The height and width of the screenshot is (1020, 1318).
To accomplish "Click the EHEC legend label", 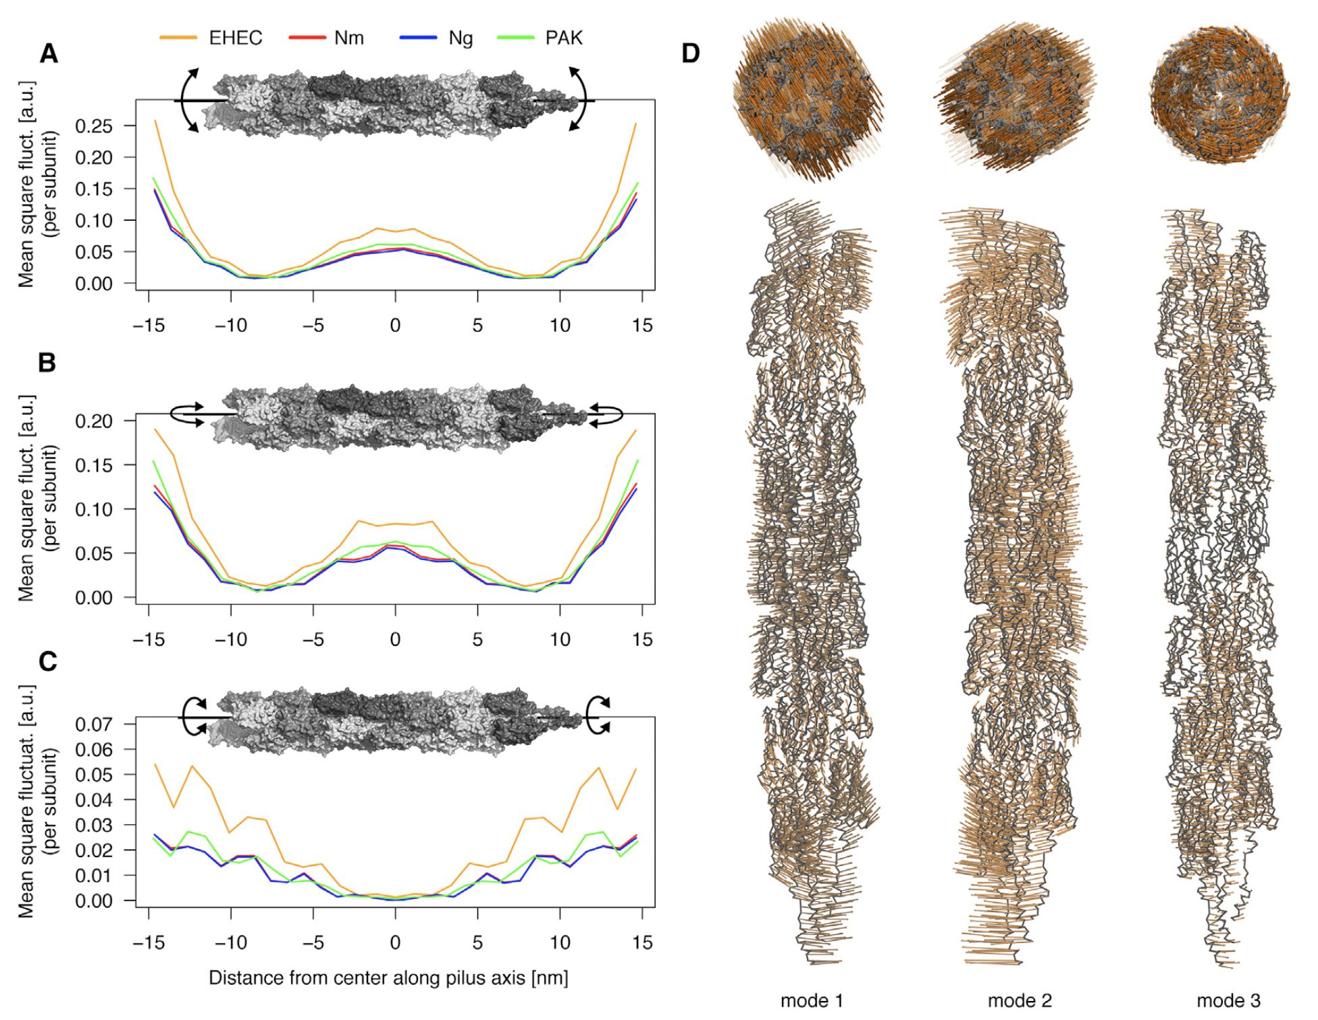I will (x=235, y=38).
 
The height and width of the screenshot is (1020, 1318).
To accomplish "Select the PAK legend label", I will (x=563, y=38).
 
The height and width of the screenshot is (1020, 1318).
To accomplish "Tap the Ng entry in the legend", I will (x=460, y=38).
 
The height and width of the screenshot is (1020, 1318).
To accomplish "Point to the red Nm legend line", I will (x=307, y=38).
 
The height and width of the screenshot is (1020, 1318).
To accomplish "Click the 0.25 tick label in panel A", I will (x=94, y=126).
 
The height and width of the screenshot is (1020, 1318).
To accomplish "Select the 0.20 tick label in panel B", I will (x=94, y=421).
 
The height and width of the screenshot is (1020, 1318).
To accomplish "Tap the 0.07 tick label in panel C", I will (x=94, y=725).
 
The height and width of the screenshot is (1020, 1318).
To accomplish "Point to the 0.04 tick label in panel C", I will (x=94, y=800).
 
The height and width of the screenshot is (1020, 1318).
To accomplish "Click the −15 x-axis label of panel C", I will (x=149, y=943).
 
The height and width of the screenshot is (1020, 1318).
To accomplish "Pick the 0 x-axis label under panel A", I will (x=395, y=326).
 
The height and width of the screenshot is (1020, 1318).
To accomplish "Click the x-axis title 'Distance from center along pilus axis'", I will (x=388, y=978).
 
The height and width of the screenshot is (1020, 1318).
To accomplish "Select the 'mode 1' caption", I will (x=812, y=1000).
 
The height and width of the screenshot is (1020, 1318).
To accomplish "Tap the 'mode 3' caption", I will (x=1228, y=1000).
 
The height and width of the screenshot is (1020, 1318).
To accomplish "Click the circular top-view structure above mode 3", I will (x=1219, y=95).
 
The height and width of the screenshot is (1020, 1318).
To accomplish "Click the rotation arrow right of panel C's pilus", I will (x=598, y=716).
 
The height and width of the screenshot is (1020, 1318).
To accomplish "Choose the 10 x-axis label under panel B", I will (x=560, y=640).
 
